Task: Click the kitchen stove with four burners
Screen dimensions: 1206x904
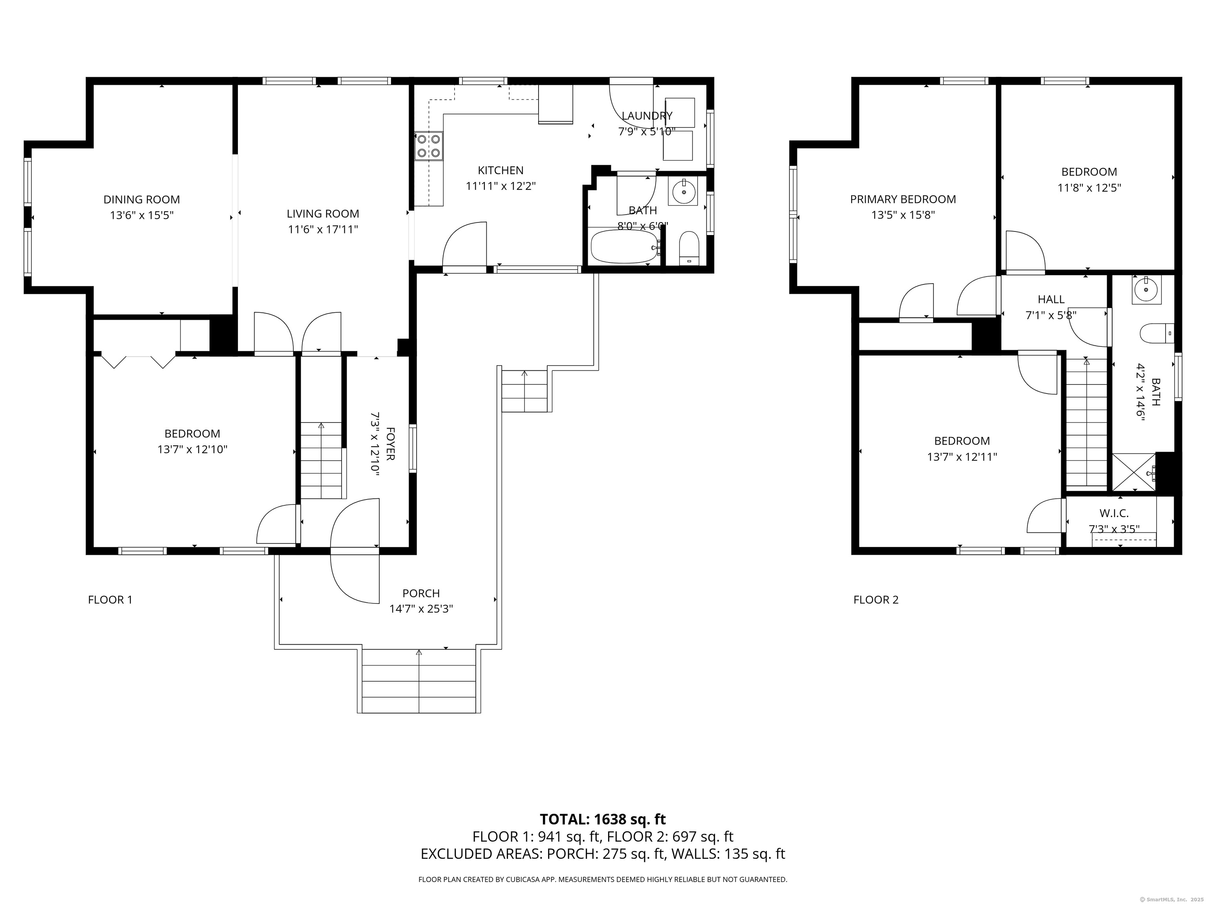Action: [429, 146]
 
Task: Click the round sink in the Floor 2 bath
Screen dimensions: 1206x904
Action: [1147, 289]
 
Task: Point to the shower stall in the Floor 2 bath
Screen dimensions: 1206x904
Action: [1133, 472]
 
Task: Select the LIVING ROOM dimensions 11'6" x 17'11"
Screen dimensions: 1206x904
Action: [323, 230]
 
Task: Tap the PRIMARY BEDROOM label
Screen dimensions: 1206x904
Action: [903, 199]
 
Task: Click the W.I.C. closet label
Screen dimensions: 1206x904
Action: [1114, 513]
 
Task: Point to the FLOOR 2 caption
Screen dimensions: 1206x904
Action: [875, 600]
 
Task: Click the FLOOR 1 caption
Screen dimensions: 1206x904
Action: [110, 600]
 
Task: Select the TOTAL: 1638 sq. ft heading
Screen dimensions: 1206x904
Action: [603, 835]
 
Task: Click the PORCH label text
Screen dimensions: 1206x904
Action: [421, 593]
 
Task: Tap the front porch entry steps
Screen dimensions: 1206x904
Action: [419, 681]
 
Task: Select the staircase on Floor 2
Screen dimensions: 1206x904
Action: [1087, 422]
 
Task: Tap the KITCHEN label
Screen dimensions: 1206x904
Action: [501, 171]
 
